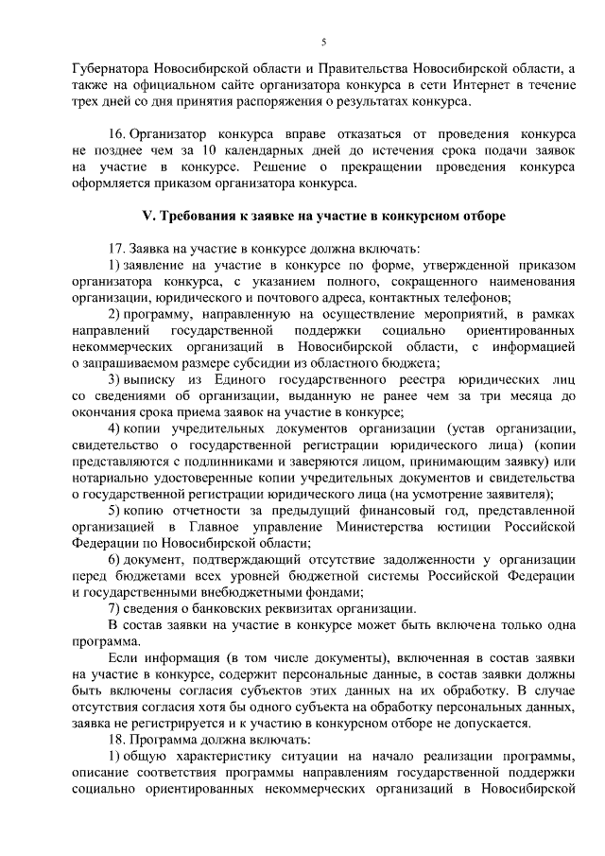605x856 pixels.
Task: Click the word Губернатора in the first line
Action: click(x=109, y=70)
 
